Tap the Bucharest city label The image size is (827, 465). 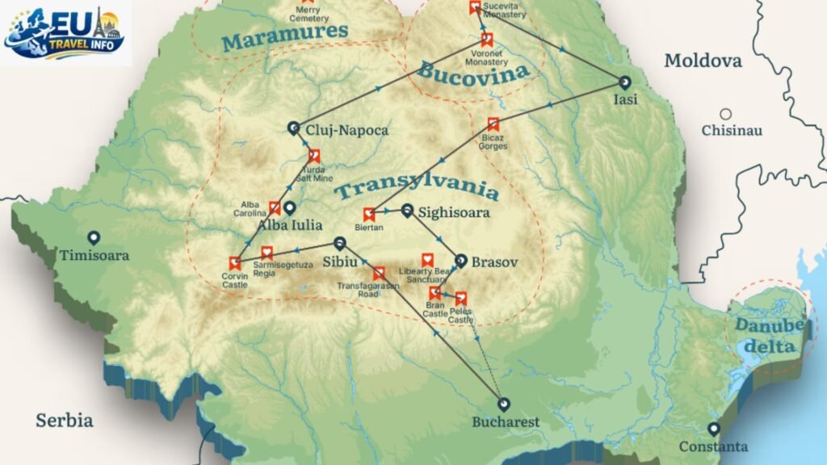tap(506, 422)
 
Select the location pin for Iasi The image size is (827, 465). tap(624, 82)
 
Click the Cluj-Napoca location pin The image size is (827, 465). tap(294, 128)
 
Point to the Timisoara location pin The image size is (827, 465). tap(94, 238)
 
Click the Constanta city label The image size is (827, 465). tap(713, 446)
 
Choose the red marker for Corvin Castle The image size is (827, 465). tap(235, 262)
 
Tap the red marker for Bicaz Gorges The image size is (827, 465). tap(493, 124)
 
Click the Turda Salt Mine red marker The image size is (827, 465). tap(314, 156)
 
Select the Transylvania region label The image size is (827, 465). tap(417, 190)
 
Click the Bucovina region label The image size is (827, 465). tap(473, 71)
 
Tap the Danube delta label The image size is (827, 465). tap(770, 335)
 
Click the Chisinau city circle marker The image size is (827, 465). tap(726, 115)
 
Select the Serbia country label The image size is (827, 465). tap(64, 421)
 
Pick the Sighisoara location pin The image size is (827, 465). tap(408, 211)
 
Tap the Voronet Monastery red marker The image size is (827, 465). tap(486, 39)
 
